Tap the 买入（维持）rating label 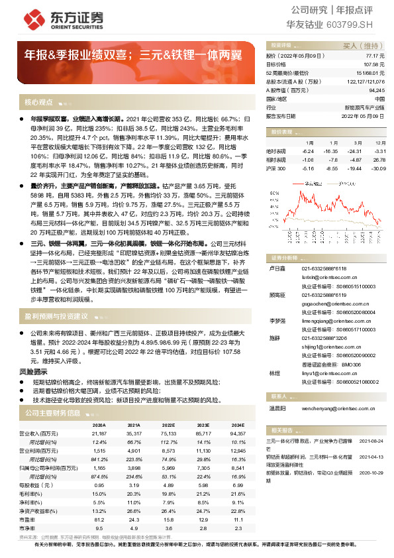tap(366, 46)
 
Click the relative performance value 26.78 tap(380, 160)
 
